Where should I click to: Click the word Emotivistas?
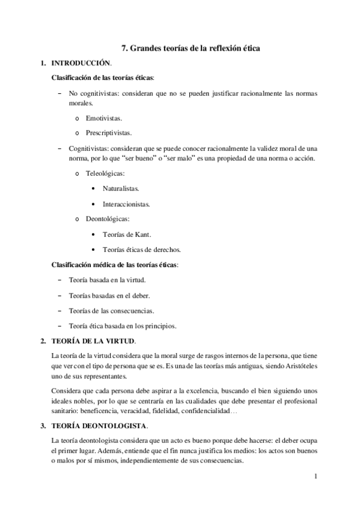(x=104, y=118)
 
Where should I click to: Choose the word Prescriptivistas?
(x=109, y=132)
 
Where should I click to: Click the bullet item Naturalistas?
(x=121, y=188)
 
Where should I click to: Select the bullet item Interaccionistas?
(x=126, y=204)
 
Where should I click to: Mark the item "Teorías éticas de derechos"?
(x=142, y=249)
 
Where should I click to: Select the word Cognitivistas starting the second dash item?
(x=88, y=148)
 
